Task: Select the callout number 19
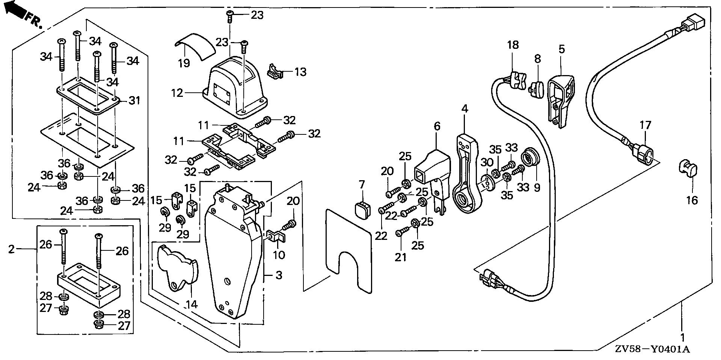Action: click(184, 63)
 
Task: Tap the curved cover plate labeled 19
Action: click(196, 45)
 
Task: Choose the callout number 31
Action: click(134, 101)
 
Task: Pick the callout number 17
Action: click(646, 125)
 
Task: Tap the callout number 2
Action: click(12, 249)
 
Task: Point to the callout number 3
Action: click(279, 275)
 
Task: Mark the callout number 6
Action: click(437, 126)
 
